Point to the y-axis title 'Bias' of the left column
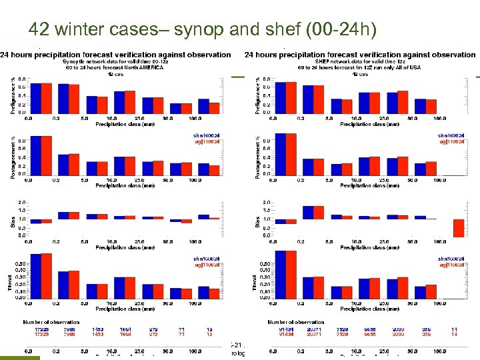pyautogui.click(x=13, y=220)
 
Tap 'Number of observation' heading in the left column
pyautogui.click(x=52, y=322)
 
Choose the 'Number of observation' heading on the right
pyautogui.click(x=297, y=322)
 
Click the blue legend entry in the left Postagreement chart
pyautogui.click(x=206, y=135)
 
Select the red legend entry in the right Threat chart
pyautogui.click(x=451, y=265)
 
